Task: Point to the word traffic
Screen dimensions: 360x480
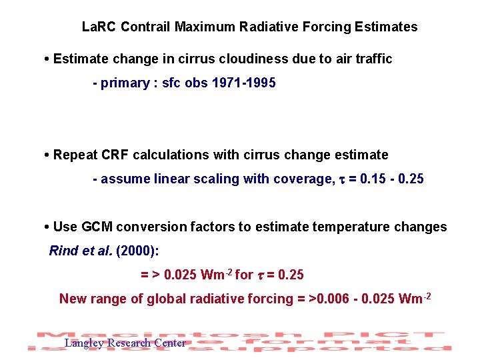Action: coord(371,59)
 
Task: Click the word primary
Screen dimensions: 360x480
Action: coord(125,84)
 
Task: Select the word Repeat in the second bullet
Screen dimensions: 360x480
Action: coord(74,155)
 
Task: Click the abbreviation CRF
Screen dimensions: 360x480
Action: coord(115,155)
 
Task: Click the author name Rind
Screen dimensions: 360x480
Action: coord(63,251)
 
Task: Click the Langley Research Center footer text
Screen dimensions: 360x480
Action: coord(125,343)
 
